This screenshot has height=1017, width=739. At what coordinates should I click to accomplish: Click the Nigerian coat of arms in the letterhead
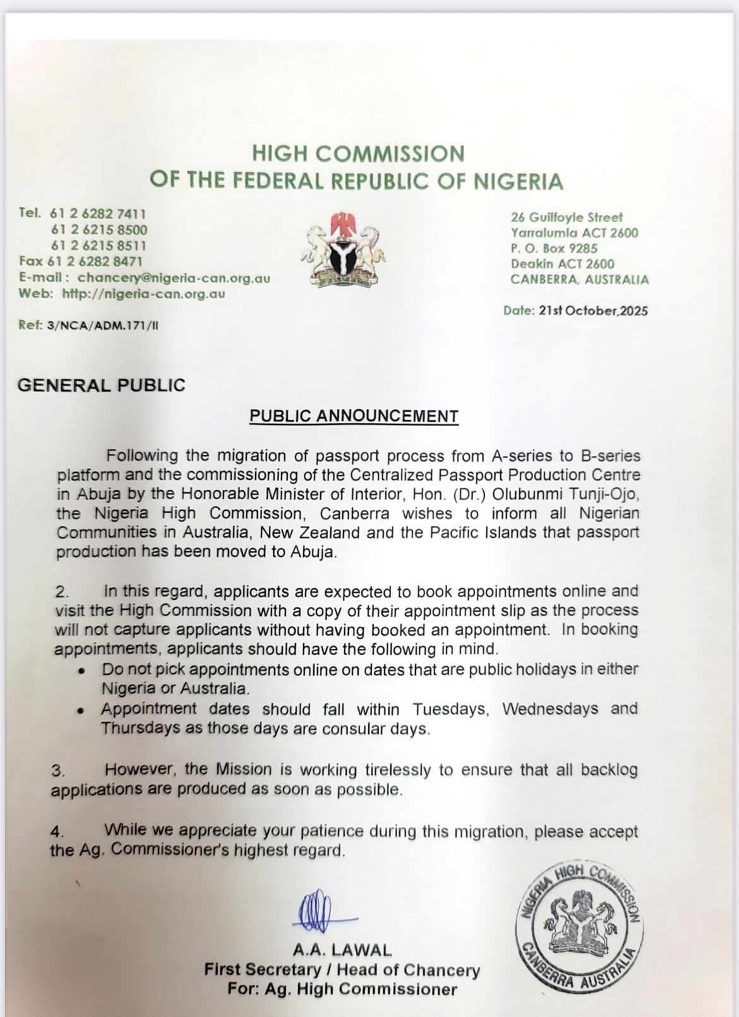point(343,249)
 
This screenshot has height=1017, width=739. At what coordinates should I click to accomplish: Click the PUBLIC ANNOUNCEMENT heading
point(354,416)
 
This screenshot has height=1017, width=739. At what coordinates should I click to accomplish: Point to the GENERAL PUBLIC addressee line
point(102,385)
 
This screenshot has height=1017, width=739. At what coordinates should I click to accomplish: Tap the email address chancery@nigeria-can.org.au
point(174,278)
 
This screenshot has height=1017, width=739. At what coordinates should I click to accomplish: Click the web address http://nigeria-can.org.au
point(143,294)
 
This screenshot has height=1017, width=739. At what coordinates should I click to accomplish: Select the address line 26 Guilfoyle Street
point(567,217)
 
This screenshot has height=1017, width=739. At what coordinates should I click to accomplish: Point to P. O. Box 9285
point(554,248)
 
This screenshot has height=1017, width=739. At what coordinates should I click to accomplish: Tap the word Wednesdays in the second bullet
point(550,709)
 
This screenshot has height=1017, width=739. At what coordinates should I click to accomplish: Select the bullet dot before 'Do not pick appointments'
point(81,672)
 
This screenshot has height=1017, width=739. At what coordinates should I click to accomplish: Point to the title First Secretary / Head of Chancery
point(342,970)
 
